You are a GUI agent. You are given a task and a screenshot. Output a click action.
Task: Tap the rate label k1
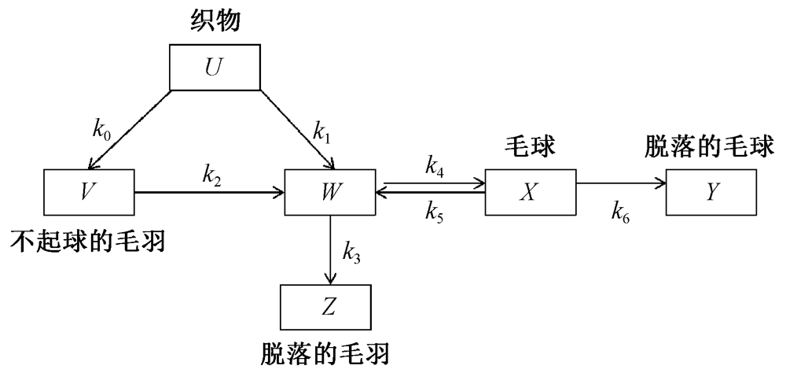point(321,130)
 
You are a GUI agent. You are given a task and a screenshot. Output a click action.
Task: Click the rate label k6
point(619,210)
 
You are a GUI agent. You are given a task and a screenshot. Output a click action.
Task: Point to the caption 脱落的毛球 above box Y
point(710,146)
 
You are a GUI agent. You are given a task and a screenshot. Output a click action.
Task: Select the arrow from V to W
point(210,191)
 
